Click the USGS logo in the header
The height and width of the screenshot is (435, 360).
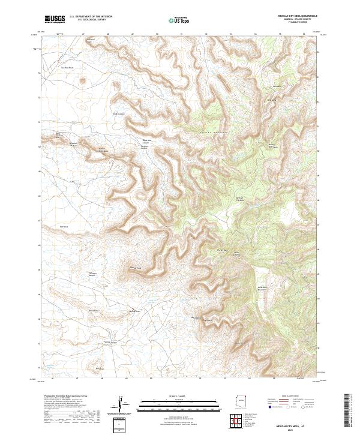click(55, 19)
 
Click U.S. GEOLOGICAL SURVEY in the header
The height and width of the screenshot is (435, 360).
click(85, 20)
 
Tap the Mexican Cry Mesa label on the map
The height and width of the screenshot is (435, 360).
click(239, 199)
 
